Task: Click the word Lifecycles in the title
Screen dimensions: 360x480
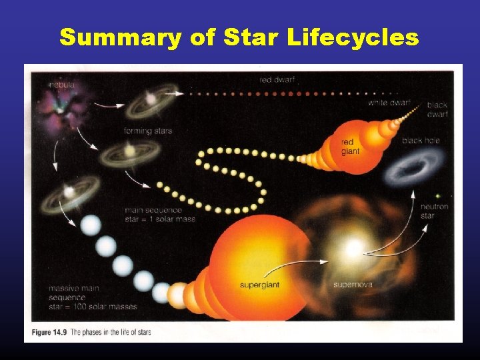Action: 354,38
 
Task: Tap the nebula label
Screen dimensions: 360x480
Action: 61,85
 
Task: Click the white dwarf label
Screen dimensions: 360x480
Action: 389,103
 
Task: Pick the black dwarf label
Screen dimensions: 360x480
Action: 437,109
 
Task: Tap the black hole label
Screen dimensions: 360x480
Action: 421,141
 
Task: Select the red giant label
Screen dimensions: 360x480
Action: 349,147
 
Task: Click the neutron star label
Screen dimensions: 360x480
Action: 435,211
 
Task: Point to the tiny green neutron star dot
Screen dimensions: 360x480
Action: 437,195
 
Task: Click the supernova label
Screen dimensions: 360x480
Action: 353,285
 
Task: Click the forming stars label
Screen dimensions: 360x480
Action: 147,131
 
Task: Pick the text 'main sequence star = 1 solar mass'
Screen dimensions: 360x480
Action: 160,215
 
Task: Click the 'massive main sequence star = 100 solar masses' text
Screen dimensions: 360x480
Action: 92,297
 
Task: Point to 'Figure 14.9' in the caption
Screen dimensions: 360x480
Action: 47,331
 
